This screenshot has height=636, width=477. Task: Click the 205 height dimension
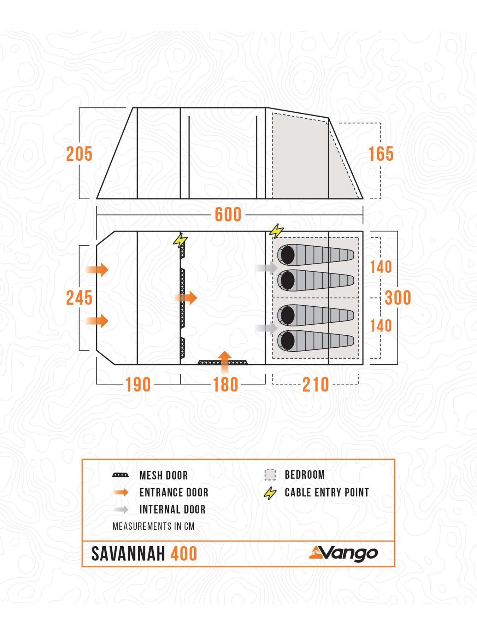(x=79, y=154)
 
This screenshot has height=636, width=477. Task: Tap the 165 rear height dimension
(x=381, y=154)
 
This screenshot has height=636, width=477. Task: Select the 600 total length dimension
(x=228, y=214)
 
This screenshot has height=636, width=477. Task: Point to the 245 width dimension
(x=79, y=298)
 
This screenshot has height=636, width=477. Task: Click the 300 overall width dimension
(x=398, y=298)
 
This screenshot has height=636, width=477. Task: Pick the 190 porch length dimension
(x=138, y=384)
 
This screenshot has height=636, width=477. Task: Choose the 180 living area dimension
(x=225, y=384)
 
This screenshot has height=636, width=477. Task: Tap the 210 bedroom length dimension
(x=316, y=384)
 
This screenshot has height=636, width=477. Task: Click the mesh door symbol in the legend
(x=120, y=475)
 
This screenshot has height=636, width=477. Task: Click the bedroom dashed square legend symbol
(x=270, y=475)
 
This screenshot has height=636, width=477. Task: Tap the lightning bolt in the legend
(x=270, y=493)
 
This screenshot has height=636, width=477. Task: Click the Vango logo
(x=343, y=553)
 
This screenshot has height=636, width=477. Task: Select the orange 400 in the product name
(x=184, y=554)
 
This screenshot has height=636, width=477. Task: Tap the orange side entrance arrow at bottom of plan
(x=225, y=361)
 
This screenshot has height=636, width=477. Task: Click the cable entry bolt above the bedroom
(x=276, y=231)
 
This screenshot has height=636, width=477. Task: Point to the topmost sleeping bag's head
(x=287, y=254)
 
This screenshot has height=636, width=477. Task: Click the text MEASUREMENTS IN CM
(x=153, y=526)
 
